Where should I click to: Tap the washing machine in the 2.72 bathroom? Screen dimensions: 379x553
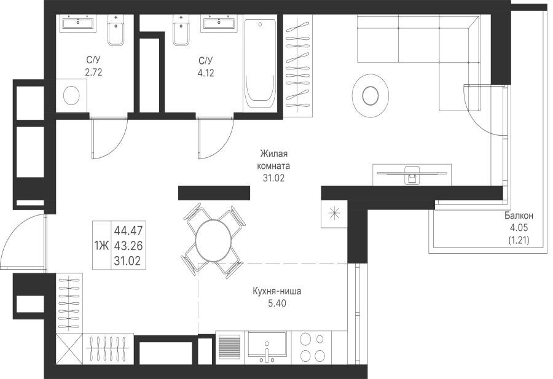pyautogui.click(x=72, y=96)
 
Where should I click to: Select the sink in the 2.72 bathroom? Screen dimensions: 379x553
pyautogui.click(x=78, y=24)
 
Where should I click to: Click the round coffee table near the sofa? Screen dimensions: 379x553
pyautogui.click(x=370, y=95)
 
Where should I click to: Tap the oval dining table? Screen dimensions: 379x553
pyautogui.click(x=211, y=240)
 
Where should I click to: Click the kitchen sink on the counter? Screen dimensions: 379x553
pyautogui.click(x=267, y=346)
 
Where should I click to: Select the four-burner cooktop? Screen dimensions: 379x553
pyautogui.click(x=313, y=348)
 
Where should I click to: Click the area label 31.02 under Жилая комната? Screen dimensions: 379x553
pyautogui.click(x=273, y=178)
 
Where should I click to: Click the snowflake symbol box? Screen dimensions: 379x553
pyautogui.click(x=334, y=213)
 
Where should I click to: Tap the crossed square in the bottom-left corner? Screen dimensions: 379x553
pyautogui.click(x=69, y=350)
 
